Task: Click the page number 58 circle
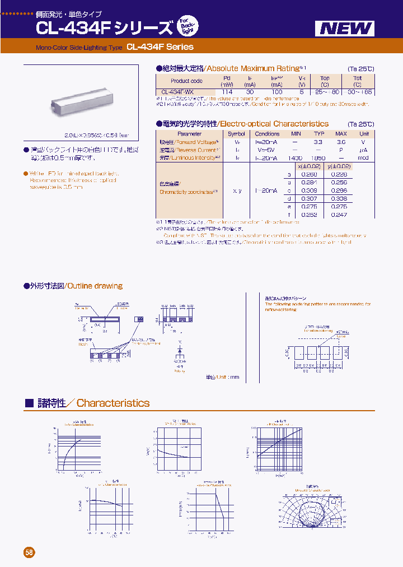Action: tap(29, 552)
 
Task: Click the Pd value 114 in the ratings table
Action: tap(227, 92)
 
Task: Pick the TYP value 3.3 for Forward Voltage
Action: tap(318, 142)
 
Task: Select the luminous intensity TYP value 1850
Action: tap(318, 159)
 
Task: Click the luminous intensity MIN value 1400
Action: tap(296, 159)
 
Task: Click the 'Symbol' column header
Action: tap(236, 134)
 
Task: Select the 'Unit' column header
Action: tap(364, 134)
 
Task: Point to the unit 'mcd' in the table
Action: tap(364, 159)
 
